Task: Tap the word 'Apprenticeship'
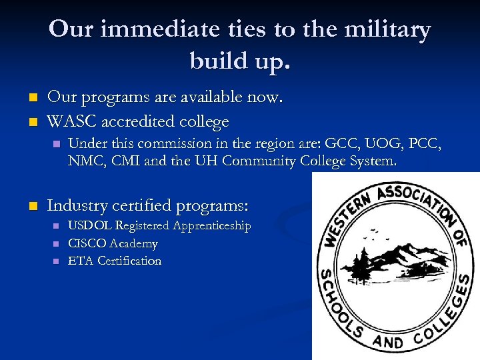pyautogui.click(x=212, y=226)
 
